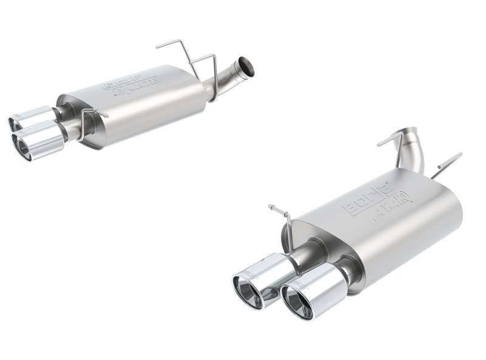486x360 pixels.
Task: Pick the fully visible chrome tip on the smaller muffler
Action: (39, 140)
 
